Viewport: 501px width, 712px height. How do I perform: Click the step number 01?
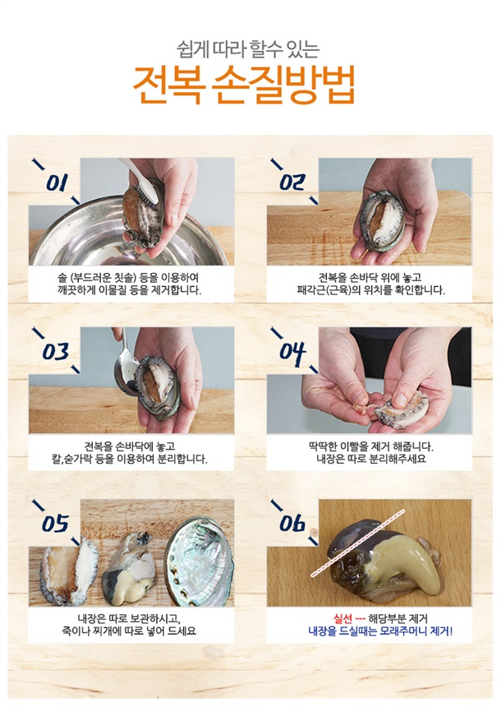[x=57, y=183]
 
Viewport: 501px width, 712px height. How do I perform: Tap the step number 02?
[x=292, y=183]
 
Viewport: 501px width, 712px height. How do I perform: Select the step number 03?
[x=55, y=352]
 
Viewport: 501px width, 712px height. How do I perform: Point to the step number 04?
[x=292, y=351]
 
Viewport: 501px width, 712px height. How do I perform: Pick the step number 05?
[x=55, y=524]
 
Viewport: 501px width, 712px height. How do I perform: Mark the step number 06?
[x=292, y=523]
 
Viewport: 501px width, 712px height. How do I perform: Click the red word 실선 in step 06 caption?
[x=342, y=618]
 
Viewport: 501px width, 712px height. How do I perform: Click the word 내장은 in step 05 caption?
[x=92, y=618]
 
